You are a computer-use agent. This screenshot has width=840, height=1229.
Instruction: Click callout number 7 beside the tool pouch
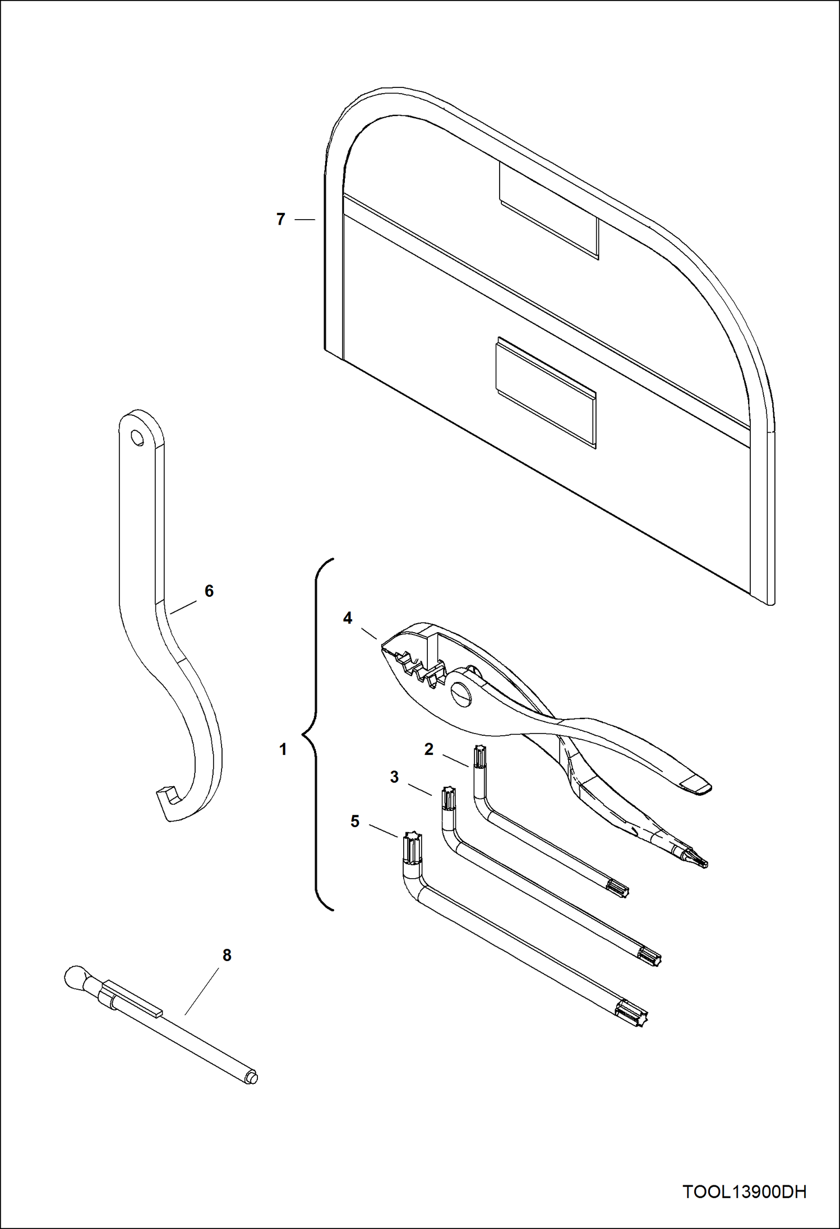tap(281, 219)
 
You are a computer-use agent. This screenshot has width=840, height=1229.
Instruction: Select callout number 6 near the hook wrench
tap(209, 591)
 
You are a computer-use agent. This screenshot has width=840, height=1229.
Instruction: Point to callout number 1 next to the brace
tap(283, 749)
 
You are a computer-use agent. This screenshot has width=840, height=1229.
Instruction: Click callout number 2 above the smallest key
tap(429, 749)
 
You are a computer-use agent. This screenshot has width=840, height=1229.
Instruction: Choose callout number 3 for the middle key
tap(394, 777)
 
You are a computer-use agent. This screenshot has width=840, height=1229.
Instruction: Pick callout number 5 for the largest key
tap(355, 821)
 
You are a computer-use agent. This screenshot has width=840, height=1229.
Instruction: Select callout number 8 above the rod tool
tap(227, 955)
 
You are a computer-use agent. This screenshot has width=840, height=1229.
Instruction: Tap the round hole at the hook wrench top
tap(136, 436)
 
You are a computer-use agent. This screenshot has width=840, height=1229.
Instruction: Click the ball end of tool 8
tap(75, 978)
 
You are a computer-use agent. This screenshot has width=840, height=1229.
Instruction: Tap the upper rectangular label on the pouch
tap(548, 212)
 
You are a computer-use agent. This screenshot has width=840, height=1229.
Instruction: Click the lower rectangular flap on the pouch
tap(545, 392)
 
